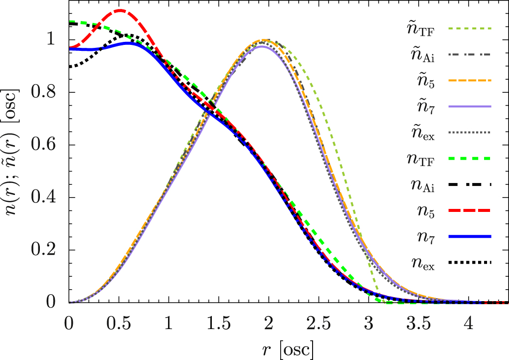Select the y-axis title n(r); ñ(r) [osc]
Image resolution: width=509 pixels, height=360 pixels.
[x=13, y=156]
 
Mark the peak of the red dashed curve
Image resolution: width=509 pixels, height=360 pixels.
[x=120, y=10]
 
